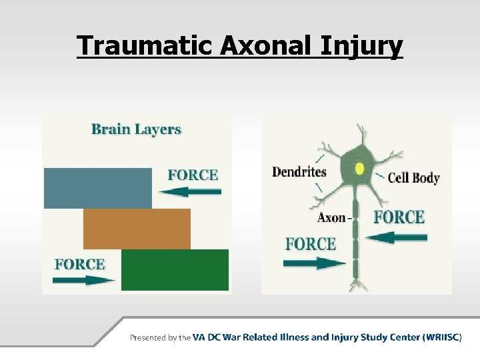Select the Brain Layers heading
click(136, 129)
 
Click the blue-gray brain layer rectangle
click(97, 188)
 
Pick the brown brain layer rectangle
click(137, 229)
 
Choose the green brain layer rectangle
click(175, 270)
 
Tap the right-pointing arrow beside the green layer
click(83, 281)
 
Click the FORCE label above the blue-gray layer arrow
click(193, 175)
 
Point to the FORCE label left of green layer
click(79, 264)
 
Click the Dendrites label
click(299, 172)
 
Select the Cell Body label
click(413, 177)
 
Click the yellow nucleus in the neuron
click(360, 169)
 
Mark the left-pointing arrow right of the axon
click(397, 237)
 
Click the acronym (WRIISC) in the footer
click(442, 337)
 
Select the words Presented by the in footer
click(160, 338)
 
